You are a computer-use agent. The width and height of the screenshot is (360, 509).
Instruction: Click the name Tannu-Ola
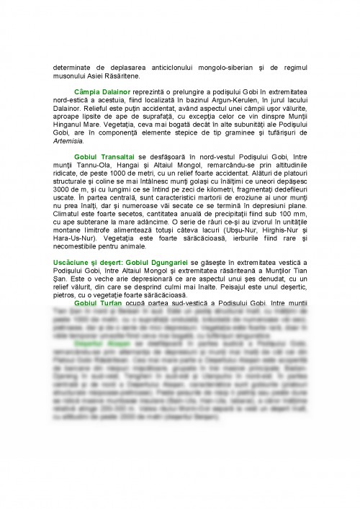pos(89,164)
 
